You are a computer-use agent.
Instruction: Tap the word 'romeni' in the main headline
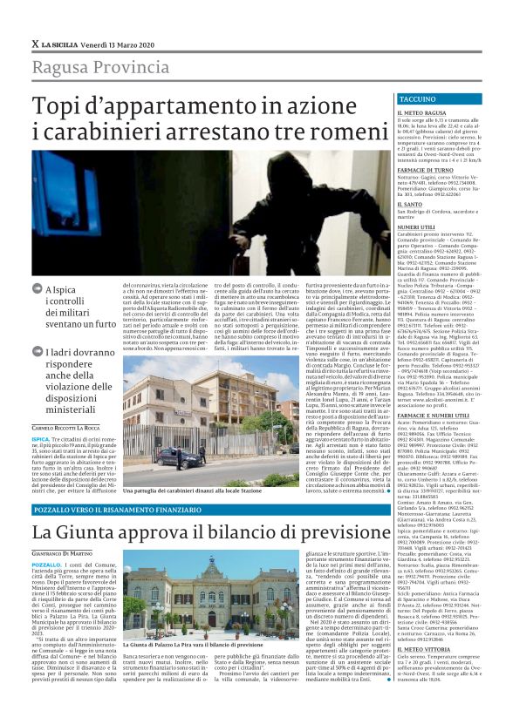click(345, 135)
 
